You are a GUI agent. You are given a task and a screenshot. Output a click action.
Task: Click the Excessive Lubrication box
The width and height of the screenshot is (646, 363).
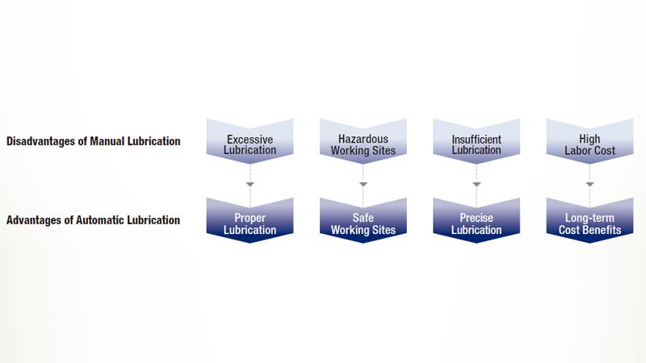point(250,144)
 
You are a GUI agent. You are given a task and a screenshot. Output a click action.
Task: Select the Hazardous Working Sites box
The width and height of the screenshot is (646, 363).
point(363,144)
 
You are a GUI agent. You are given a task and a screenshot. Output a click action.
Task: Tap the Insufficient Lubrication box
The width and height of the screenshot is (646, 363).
point(476,144)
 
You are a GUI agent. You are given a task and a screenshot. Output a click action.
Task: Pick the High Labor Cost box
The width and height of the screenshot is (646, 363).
point(590,144)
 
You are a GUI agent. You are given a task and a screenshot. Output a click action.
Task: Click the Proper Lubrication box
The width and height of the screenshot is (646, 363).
point(250,223)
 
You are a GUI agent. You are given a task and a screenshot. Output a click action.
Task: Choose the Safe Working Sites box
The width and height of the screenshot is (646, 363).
point(363,223)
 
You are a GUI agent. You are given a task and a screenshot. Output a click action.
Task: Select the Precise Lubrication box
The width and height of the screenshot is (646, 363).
point(476,223)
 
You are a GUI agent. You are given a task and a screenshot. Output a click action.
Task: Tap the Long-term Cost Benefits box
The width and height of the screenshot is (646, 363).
point(590,223)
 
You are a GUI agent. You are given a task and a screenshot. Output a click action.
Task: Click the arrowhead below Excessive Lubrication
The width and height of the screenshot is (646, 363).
point(250,186)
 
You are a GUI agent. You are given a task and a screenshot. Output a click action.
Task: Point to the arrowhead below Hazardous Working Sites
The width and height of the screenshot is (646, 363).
point(363,186)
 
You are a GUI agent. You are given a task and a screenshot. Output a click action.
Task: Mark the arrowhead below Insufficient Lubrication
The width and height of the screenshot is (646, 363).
point(476,186)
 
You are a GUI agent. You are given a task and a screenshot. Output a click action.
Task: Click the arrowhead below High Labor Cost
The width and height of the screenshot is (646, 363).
point(590,186)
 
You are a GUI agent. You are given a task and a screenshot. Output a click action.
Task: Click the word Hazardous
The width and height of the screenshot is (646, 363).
point(363,139)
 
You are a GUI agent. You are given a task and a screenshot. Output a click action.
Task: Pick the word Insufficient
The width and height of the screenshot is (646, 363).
point(476,139)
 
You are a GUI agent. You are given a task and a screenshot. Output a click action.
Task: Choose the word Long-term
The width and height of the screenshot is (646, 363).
point(590,218)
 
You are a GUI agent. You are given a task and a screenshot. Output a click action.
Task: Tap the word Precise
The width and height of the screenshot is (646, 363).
point(476,218)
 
